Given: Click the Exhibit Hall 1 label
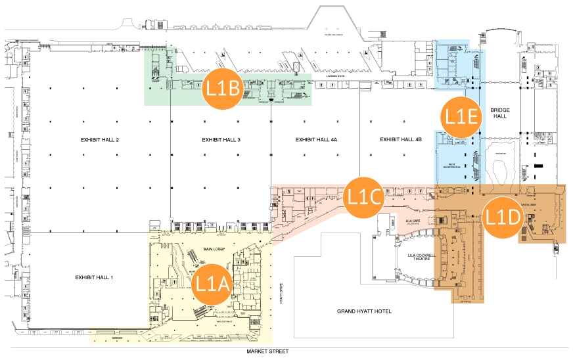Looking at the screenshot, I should (x=94, y=277).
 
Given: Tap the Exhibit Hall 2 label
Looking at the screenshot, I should (x=99, y=139).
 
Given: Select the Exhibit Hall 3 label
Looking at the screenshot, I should (x=221, y=139).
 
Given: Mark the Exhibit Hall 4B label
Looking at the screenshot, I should (x=400, y=139).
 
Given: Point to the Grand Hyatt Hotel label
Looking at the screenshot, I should (x=363, y=311).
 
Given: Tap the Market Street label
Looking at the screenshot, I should (x=267, y=352).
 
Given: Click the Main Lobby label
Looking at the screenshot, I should (x=215, y=249).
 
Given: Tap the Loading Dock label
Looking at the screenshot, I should (x=336, y=76).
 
